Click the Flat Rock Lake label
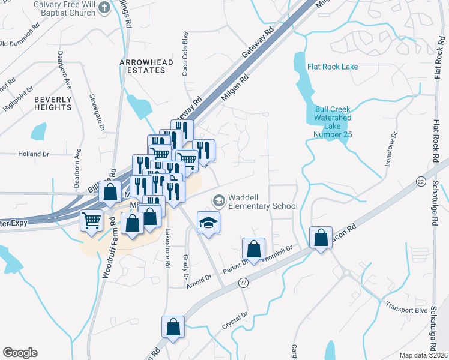click(333, 67)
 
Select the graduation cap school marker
click(208, 223)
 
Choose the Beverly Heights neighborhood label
click(53, 103)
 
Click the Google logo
click(20, 353)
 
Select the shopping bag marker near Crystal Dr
click(173, 328)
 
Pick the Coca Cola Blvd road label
click(185, 54)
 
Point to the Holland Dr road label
click(34, 154)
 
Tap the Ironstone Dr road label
click(391, 152)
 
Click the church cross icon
click(104, 7)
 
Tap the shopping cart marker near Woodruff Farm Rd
click(92, 221)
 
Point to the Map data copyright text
click(423, 355)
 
